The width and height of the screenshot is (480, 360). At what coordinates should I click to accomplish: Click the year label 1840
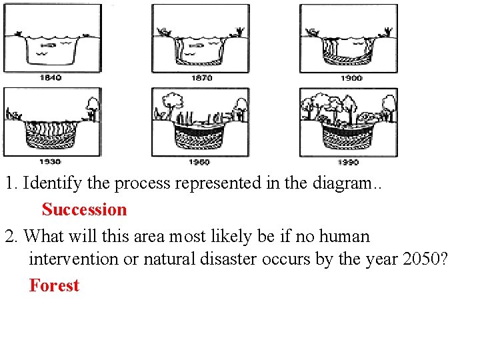[x=50, y=77]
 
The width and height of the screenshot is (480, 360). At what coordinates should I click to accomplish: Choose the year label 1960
[x=199, y=162]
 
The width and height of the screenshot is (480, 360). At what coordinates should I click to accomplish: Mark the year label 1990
[x=348, y=162]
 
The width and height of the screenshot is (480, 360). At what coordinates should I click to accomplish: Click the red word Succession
[x=84, y=209]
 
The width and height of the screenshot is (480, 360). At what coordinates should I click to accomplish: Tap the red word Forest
[x=54, y=285]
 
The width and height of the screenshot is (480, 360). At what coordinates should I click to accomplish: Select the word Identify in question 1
[x=50, y=183]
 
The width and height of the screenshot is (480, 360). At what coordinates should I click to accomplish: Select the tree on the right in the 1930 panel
[x=93, y=105]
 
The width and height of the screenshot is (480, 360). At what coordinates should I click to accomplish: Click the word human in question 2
[x=344, y=236]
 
